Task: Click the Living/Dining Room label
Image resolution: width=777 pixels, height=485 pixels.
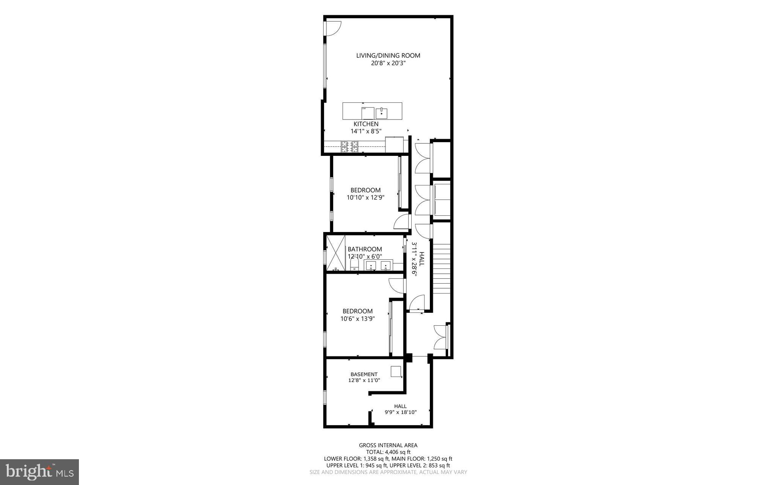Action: pyautogui.click(x=388, y=55)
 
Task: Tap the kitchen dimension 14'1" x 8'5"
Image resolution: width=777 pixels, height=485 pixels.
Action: pyautogui.click(x=366, y=131)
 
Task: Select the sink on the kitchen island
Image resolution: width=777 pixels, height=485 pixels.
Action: pyautogui.click(x=381, y=113)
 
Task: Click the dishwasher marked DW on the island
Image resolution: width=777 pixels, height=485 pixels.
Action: pyautogui.click(x=367, y=113)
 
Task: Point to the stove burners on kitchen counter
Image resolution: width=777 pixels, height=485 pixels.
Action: pyautogui.click(x=349, y=147)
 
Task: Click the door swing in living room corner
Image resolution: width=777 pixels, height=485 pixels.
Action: pyautogui.click(x=333, y=29)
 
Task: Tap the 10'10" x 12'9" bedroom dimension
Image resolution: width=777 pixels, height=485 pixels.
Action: pyautogui.click(x=365, y=197)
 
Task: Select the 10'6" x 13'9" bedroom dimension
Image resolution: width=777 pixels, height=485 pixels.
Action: pyautogui.click(x=357, y=319)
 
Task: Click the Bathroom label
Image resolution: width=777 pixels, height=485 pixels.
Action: pyautogui.click(x=365, y=249)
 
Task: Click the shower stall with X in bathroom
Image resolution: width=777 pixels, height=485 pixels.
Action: pyautogui.click(x=336, y=253)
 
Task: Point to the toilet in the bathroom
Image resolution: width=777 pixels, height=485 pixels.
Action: pyautogui.click(x=354, y=264)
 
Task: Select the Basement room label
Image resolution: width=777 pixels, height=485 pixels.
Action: pyautogui.click(x=364, y=374)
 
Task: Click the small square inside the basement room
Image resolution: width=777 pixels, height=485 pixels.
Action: pyautogui.click(x=396, y=371)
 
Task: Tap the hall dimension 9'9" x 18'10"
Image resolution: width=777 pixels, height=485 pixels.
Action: pyautogui.click(x=400, y=412)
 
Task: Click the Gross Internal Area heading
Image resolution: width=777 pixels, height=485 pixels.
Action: pyautogui.click(x=388, y=445)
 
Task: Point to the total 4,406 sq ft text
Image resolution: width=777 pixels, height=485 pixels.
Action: pyautogui.click(x=388, y=452)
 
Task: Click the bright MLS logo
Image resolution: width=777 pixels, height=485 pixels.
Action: pyautogui.click(x=39, y=472)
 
